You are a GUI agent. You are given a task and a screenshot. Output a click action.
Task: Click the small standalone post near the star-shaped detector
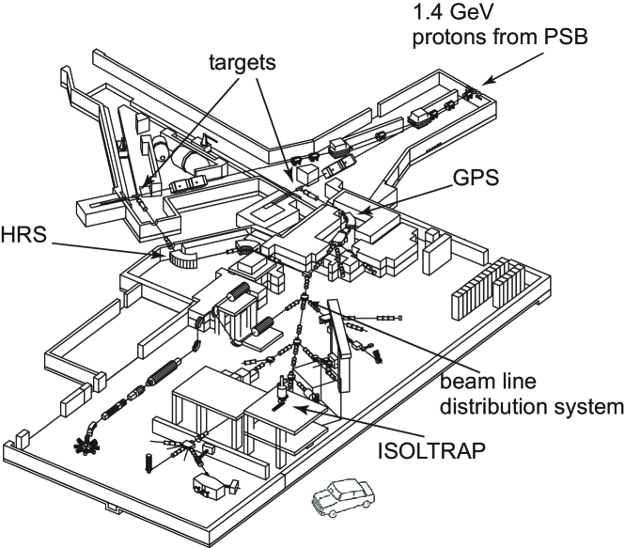pos(148,463)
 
